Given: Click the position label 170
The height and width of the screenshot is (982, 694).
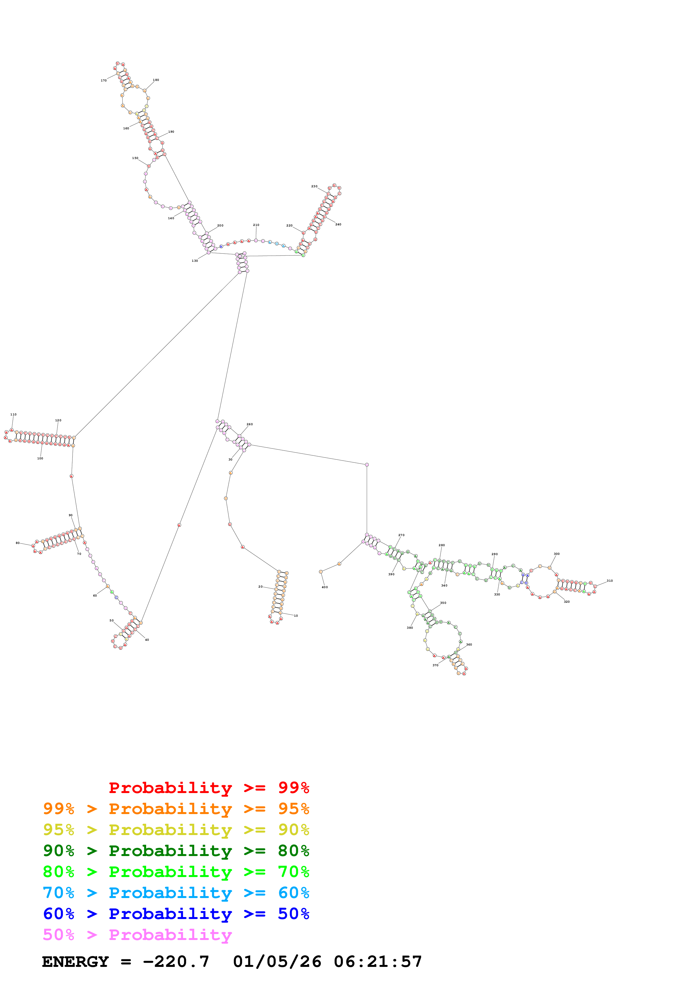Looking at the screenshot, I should click(104, 80).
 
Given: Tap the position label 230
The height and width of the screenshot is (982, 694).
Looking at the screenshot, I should click(314, 186).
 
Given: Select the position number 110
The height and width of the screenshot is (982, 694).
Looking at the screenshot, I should click(13, 415).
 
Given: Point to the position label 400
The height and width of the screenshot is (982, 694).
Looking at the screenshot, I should click(324, 587).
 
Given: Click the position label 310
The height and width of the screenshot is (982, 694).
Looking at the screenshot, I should click(610, 581).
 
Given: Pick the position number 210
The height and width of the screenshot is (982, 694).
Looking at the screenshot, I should click(256, 225).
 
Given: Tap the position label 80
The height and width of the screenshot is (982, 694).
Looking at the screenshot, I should click(18, 543).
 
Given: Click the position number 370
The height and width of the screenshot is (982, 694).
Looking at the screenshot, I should click(435, 665).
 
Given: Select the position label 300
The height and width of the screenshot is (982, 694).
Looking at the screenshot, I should click(557, 554).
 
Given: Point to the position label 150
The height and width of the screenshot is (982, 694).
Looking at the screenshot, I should click(135, 158).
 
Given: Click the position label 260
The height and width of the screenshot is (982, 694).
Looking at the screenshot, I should click(250, 424).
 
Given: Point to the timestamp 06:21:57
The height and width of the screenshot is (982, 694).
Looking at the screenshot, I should click(378, 962).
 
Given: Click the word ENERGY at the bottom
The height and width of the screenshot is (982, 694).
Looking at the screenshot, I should click(75, 962).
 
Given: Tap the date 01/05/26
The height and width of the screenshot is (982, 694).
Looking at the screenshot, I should click(277, 962).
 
